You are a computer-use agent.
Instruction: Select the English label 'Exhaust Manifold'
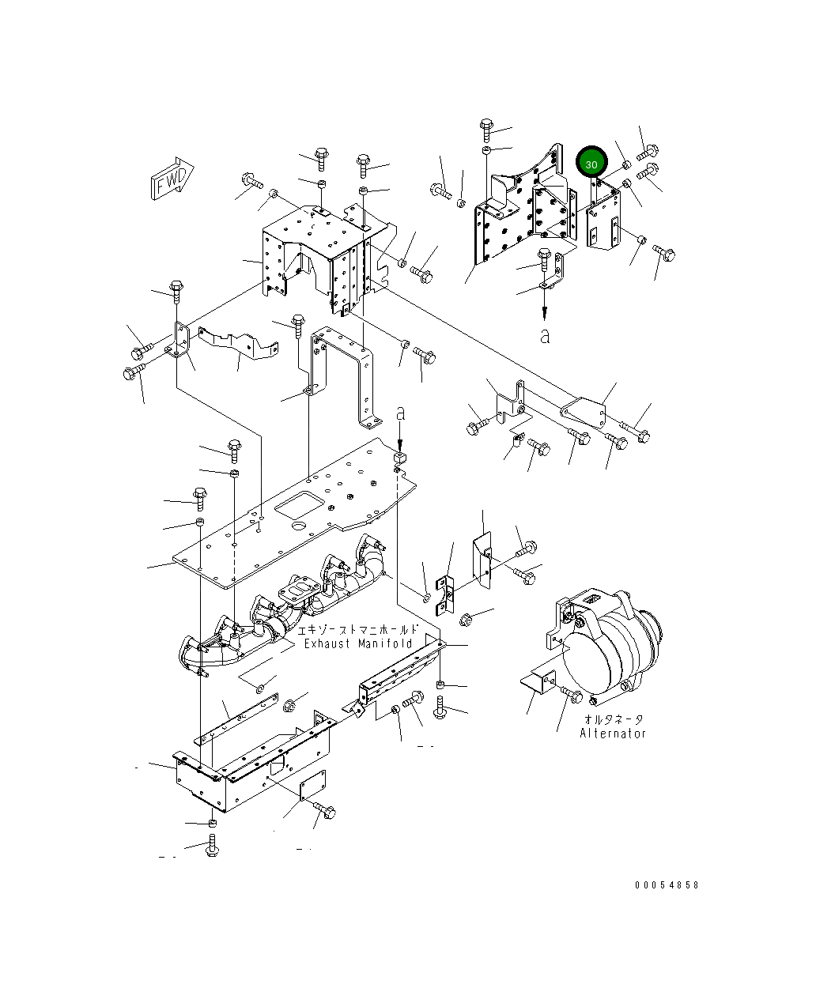[x=359, y=643]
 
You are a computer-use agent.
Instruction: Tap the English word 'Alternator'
[x=613, y=733]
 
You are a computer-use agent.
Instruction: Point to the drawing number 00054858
[x=667, y=885]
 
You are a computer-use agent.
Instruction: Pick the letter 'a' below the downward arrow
[x=544, y=336]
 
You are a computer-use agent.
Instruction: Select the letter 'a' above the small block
[x=401, y=413]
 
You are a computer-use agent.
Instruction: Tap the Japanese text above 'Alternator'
[x=614, y=719]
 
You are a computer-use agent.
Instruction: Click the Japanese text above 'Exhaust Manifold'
[x=357, y=630]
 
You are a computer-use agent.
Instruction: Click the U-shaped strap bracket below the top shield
[x=344, y=371]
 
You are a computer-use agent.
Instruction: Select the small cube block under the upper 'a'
[x=400, y=457]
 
